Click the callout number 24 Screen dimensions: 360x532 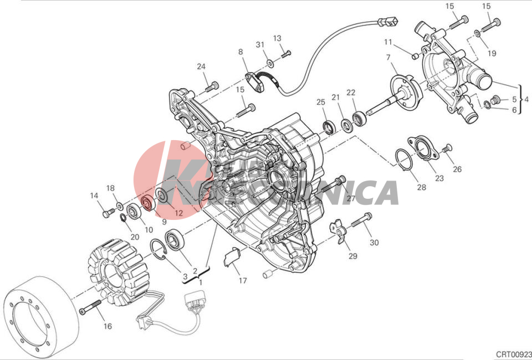click(x=201, y=67)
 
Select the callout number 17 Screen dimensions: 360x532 click(x=243, y=280)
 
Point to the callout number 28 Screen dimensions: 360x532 click(x=422, y=187)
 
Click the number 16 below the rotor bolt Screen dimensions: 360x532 click(x=108, y=326)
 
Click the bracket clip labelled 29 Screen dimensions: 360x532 click(x=338, y=230)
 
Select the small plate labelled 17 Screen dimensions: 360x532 click(x=231, y=257)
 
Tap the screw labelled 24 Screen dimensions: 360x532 click(x=212, y=86)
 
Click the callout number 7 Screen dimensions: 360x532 click(x=388, y=57)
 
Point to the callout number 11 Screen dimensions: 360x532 click(x=388, y=42)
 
